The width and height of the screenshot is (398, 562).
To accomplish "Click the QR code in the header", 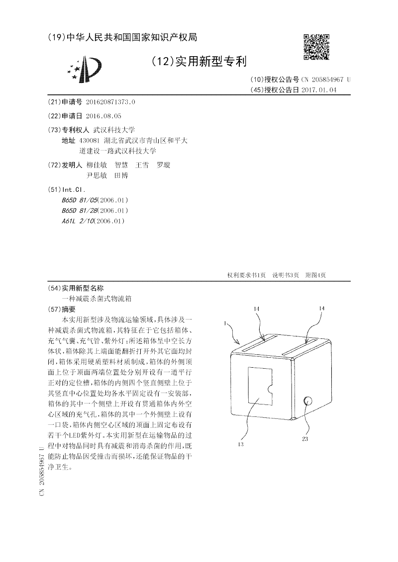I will [x=316, y=47].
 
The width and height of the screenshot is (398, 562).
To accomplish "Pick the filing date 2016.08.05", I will [x=103, y=116].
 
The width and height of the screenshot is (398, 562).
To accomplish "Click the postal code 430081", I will [x=90, y=141].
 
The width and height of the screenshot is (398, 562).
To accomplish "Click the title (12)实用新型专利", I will [x=199, y=62].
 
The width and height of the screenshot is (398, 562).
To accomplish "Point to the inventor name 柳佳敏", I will [x=96, y=165].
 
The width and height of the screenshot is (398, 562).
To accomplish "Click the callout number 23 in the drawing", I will [x=305, y=438].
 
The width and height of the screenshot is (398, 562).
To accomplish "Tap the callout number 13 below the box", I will [x=240, y=444].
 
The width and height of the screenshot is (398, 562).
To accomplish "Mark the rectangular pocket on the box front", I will [x=260, y=389].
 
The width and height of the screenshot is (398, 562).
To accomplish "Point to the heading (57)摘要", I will [x=63, y=309].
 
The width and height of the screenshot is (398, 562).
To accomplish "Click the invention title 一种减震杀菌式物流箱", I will [x=94, y=299].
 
